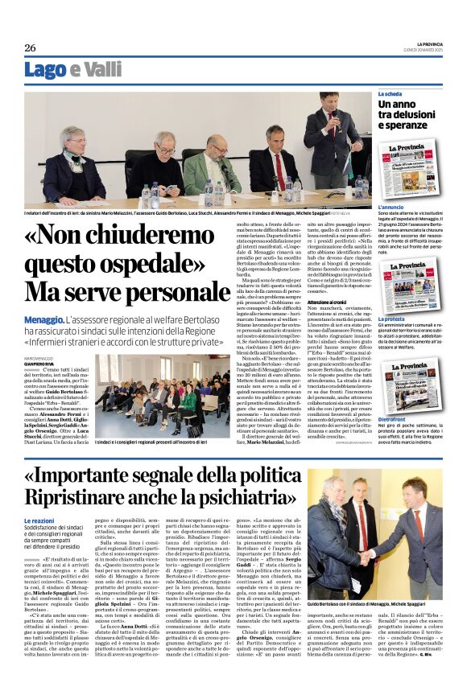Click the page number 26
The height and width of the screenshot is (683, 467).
click(x=30, y=48)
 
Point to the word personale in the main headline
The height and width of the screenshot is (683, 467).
click(x=153, y=290)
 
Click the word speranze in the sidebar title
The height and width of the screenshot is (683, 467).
click(x=401, y=125)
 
